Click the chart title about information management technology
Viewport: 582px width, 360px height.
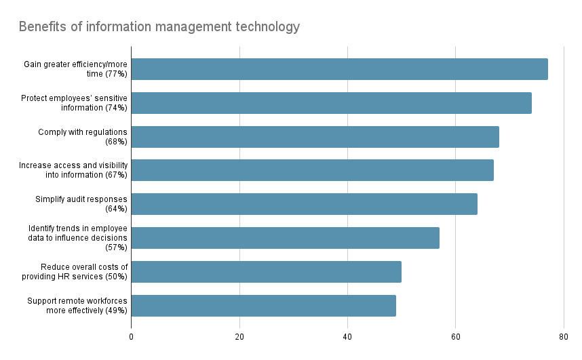(159, 27)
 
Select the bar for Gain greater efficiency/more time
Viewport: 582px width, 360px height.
(339, 69)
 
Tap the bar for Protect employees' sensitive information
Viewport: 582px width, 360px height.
(331, 103)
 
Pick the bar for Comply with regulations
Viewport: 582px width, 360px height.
(315, 137)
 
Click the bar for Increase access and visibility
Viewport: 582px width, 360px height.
(312, 170)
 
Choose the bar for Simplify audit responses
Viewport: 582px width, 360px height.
(304, 204)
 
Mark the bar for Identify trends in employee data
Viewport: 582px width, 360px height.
(285, 238)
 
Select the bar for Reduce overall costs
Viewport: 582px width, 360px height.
(266, 272)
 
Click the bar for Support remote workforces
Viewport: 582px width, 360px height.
(263, 306)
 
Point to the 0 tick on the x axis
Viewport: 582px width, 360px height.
(131, 336)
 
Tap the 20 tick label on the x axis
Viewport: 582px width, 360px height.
(239, 336)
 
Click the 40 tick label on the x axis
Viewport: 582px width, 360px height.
(347, 336)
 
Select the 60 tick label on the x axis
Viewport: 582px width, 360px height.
(455, 336)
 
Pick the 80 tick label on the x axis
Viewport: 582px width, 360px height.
(563, 336)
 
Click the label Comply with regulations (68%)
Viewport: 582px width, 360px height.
(82, 137)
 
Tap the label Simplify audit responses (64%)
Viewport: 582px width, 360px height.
(81, 204)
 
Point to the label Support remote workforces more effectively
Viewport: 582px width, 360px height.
(77, 306)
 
